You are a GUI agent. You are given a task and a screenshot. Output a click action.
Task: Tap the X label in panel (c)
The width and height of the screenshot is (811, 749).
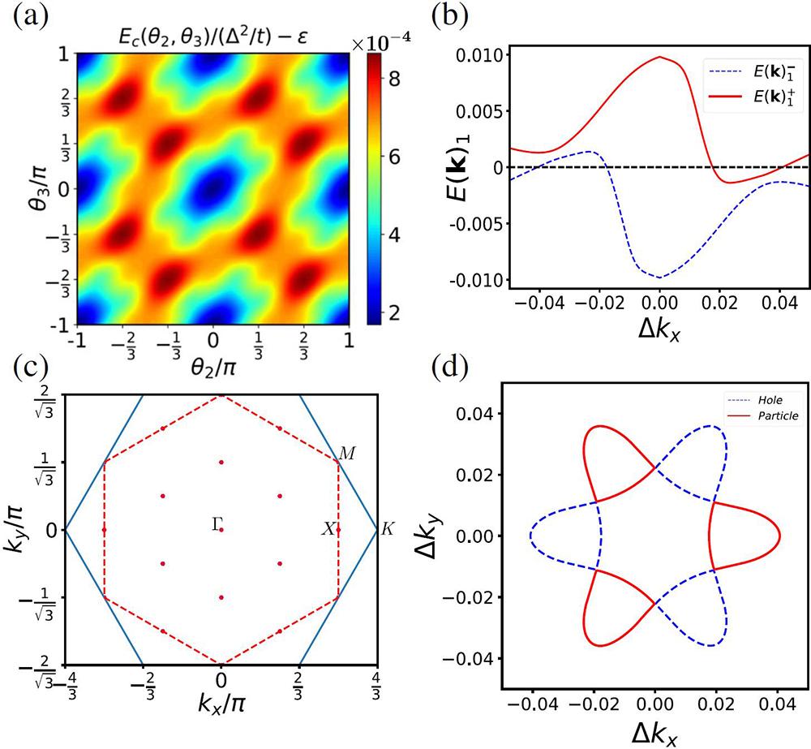pos(328,529)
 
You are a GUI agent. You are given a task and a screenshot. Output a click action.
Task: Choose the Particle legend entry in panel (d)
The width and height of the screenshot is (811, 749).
pos(770,415)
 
